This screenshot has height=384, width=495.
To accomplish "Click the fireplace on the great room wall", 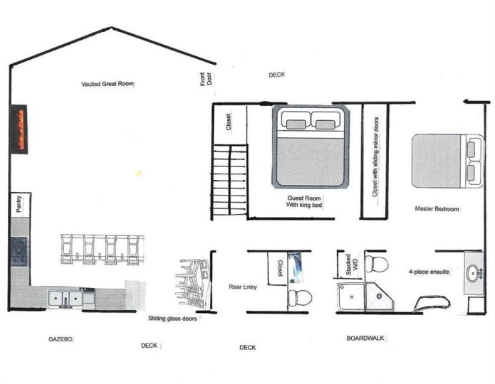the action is coord(19,129).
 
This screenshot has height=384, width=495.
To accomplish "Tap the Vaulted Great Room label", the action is coord(108,84).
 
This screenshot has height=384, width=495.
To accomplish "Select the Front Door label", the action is coord(206,79).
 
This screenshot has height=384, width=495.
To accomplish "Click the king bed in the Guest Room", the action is coord(311,146).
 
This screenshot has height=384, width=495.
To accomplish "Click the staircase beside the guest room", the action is coord(229,180).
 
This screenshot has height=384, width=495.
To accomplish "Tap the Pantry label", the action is coord(19,204).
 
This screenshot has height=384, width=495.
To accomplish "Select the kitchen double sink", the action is coord(65,298).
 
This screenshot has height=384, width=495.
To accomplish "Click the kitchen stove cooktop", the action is coord(19,252).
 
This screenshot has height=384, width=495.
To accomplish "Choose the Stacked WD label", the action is coord(352,265).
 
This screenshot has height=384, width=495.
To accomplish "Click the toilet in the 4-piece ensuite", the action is coord(377,264).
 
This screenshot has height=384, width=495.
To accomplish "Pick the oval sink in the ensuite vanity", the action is coord(473,273).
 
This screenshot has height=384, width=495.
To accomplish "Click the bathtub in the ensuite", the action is coord(432,304).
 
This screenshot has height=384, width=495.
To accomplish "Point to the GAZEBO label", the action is coord(61,339).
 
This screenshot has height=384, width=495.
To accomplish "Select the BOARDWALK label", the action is coord(365,338).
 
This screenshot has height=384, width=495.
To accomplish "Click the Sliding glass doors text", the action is coord(172,319).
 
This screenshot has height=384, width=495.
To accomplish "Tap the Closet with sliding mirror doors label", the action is coord(375,156).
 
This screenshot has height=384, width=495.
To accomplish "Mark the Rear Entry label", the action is coord(242,287).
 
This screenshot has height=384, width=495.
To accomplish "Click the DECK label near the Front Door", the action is coord(277,75).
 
